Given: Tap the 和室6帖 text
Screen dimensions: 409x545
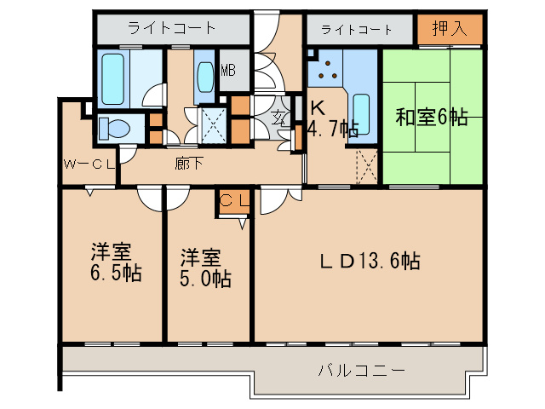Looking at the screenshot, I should (x=432, y=118).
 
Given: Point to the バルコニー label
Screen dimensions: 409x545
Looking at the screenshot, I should (x=361, y=372).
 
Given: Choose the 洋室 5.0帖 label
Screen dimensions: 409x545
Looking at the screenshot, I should (x=204, y=268).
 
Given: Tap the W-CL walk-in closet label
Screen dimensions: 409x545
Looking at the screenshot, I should (x=89, y=164).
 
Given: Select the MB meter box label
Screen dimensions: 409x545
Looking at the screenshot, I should (x=228, y=71).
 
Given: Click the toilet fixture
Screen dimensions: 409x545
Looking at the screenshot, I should (x=112, y=129).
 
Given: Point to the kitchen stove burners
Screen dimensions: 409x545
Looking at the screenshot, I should (x=327, y=73).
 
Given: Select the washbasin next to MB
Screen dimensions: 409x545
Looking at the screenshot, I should (x=205, y=77).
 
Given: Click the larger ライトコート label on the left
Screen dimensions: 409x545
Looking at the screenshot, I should (x=173, y=28).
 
